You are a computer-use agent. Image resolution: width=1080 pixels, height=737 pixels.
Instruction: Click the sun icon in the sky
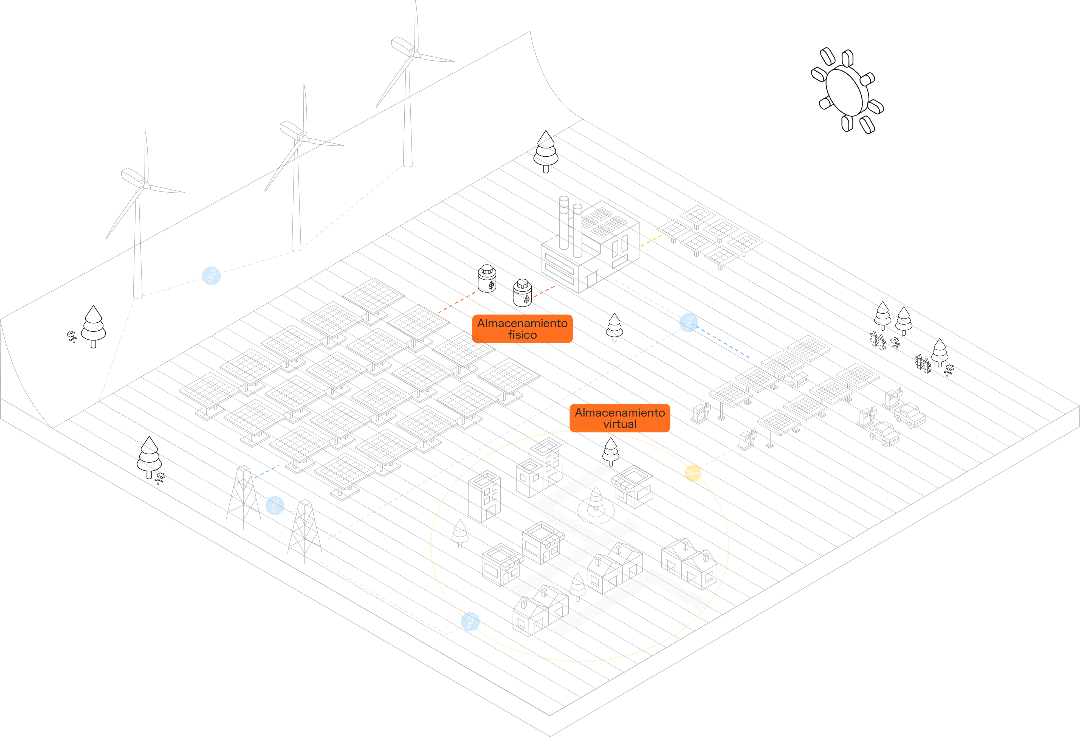pyautogui.click(x=847, y=91)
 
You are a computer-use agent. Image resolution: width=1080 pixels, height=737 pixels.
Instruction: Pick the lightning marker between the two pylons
pyautogui.click(x=275, y=505)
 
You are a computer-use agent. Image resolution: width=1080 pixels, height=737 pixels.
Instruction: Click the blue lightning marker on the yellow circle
pyautogui.click(x=470, y=621)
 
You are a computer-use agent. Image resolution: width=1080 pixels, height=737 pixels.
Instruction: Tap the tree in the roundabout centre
pyautogui.click(x=596, y=501)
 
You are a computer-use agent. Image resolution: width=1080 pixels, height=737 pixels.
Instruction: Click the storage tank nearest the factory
pyautogui.click(x=522, y=293)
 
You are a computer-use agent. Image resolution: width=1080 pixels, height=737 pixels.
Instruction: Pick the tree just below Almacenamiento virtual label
pyautogui.click(x=611, y=451)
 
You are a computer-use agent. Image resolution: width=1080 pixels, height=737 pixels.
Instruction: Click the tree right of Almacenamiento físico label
pyautogui.click(x=614, y=327)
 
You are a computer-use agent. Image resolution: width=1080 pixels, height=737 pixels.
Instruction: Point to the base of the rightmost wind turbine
pyautogui.click(x=408, y=164)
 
